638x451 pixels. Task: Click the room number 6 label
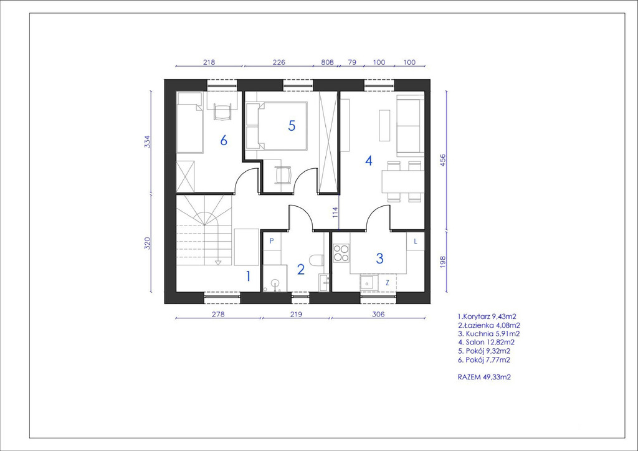[224, 140]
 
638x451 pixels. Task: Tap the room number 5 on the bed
[292, 126]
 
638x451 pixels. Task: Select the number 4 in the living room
[369, 161]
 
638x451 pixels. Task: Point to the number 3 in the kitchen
[379, 258]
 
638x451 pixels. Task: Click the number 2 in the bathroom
[301, 269]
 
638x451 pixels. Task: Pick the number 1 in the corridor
[248, 277]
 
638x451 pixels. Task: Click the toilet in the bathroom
[317, 260]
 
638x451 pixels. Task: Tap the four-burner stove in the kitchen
[341, 252]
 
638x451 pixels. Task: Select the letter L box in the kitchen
[416, 241]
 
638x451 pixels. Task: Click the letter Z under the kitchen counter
[388, 283]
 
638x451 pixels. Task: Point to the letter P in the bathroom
[272, 240]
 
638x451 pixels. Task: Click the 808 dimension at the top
[328, 62]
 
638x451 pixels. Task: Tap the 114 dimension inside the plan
[335, 212]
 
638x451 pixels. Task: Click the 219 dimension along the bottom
[296, 314]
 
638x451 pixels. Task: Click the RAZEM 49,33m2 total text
[484, 377]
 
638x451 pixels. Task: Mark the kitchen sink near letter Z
[368, 282]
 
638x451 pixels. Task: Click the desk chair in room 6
[222, 112]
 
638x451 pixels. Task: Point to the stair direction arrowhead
[219, 262]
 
